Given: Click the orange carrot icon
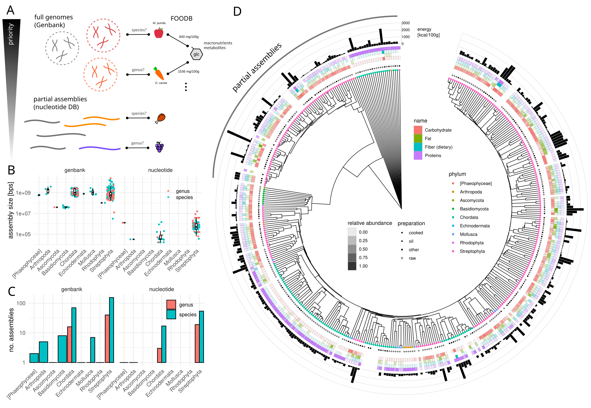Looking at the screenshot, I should point(159,74).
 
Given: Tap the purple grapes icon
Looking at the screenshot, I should point(159,147).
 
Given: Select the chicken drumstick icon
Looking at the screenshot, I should point(160,118).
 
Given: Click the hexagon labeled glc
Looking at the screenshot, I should point(196,54).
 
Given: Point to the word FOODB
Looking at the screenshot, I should point(181,18).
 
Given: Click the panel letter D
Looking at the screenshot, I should point(237,11).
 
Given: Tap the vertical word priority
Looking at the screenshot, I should point(11,34).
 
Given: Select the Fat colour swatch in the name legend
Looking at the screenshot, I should point(418,139).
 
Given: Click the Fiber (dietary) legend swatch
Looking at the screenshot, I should point(418,147).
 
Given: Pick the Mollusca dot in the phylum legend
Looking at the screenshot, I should point(453,234).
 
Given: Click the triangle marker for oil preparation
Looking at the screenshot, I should point(402,241).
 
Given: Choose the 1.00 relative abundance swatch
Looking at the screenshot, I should point(352,266).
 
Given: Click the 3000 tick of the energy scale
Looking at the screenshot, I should point(405,23).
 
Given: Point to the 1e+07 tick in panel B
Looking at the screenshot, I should point(23,213).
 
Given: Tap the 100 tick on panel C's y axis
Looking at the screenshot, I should point(21,303).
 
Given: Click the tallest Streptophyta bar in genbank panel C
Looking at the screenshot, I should point(112,330).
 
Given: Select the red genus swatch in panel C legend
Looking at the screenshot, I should point(171,304).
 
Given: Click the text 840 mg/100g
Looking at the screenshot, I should point(189,37).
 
